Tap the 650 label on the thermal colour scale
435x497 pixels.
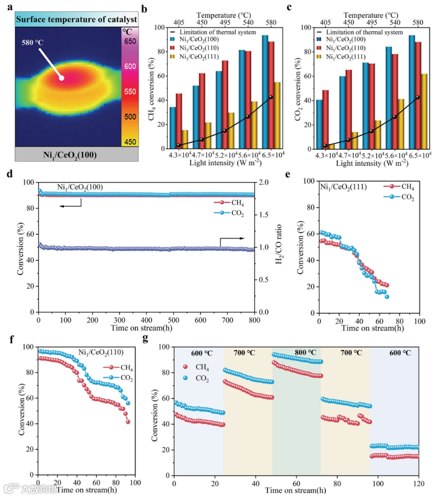[x=130, y=41]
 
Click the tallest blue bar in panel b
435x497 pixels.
[x=265, y=92]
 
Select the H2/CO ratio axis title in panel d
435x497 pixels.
[x=280, y=247]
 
